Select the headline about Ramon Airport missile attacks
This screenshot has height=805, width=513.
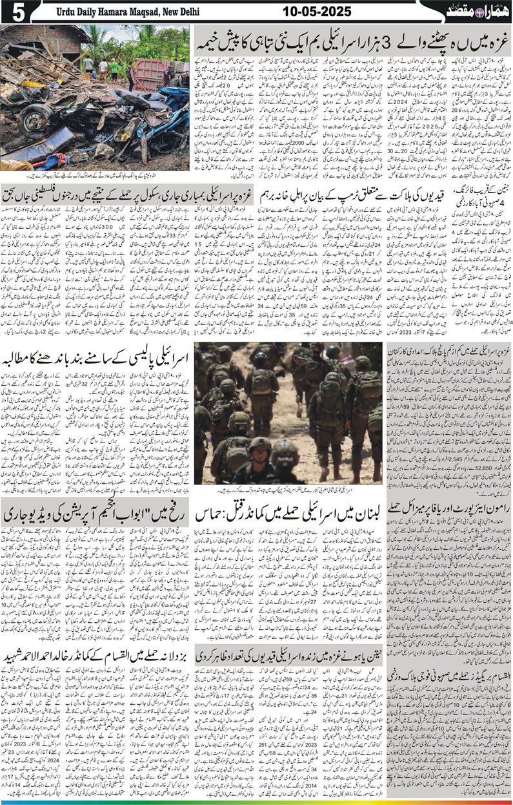450,508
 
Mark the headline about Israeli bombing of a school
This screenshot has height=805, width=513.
97,195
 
